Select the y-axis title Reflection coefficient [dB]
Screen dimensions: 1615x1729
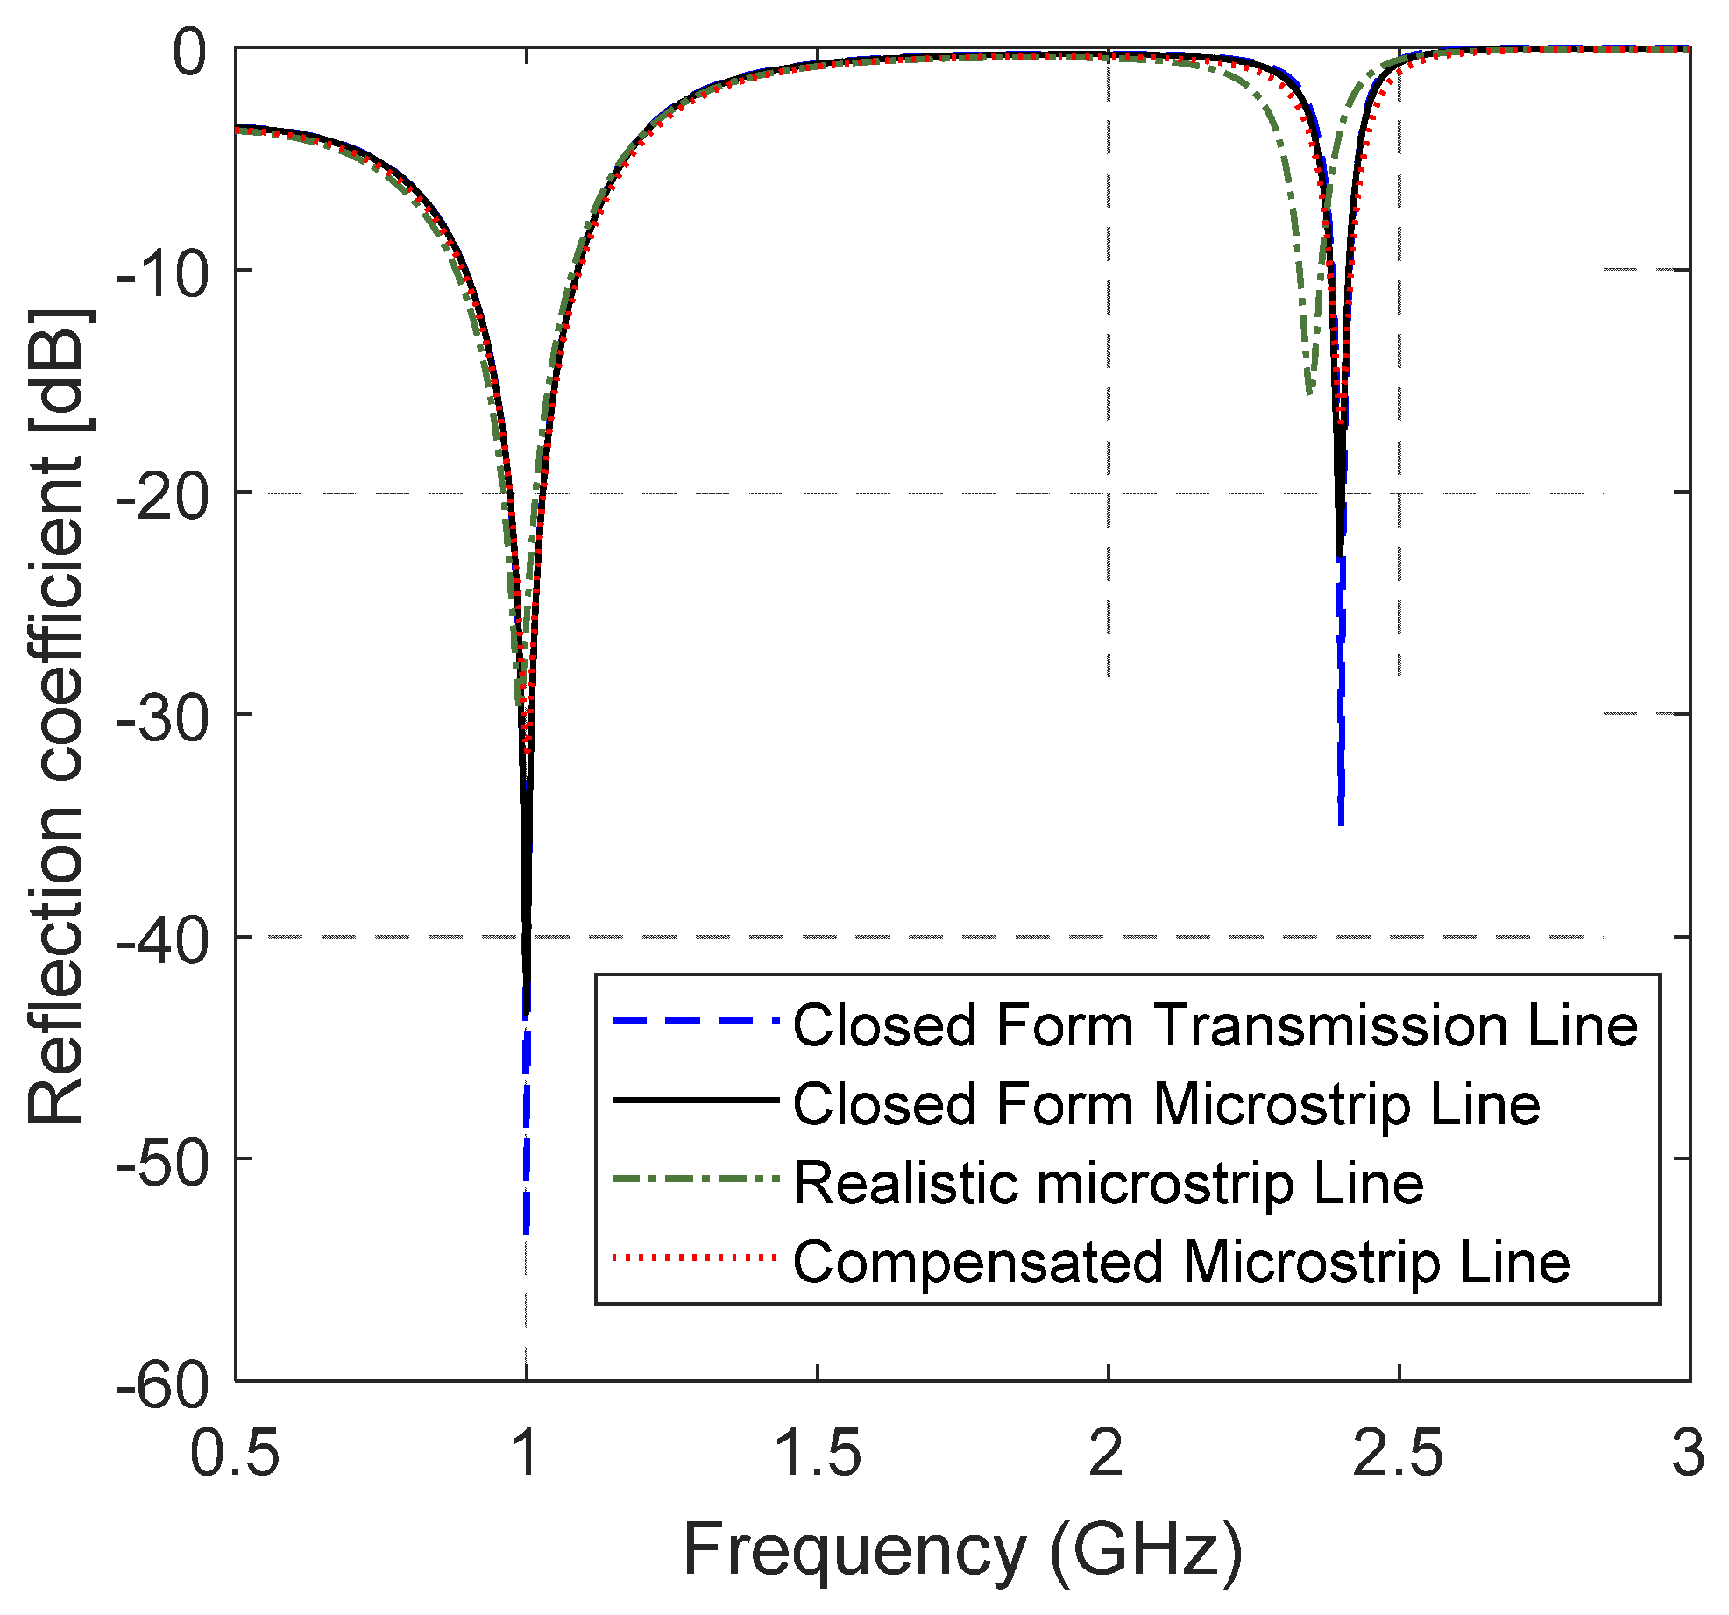(57, 717)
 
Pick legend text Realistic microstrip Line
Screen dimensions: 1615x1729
(1108, 1183)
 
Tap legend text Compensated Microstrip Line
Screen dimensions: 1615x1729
(1180, 1262)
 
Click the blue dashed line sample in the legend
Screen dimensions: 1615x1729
(695, 1022)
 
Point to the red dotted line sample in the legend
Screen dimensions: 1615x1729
(695, 1258)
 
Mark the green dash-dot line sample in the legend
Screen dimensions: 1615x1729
(695, 1179)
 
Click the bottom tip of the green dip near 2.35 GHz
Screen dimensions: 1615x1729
(1308, 393)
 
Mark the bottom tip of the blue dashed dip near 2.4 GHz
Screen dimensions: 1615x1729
(1341, 824)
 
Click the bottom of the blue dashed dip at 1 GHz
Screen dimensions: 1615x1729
(526, 1231)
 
